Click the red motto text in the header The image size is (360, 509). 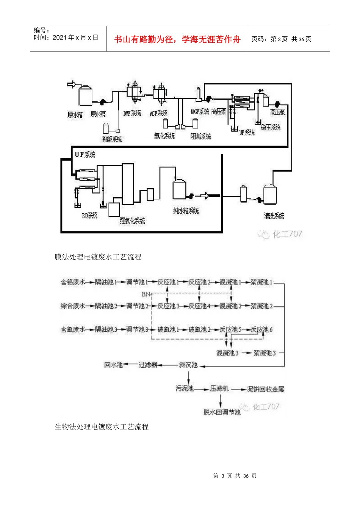coord(177,39)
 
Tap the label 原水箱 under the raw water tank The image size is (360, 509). coord(75,114)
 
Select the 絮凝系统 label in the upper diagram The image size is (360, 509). coord(112,139)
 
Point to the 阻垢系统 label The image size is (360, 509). coord(200,136)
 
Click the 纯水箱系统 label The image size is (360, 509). coord(186,211)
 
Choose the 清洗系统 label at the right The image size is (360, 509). coord(274,216)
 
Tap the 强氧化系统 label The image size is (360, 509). coord(132,221)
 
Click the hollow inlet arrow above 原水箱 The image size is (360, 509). coord(72,84)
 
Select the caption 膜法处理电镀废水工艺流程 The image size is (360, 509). coord(98,257)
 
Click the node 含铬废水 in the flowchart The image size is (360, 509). coord(73,282)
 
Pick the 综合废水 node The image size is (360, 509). coord(73,306)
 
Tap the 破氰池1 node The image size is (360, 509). coord(168,329)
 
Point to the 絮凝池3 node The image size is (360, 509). coord(265,353)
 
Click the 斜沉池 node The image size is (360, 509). coord(188,365)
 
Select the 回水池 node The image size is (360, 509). coord(114,365)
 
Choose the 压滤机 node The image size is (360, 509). coord(219,389)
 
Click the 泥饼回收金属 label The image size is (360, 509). coord(266,389)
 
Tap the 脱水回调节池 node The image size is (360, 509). coord(222,412)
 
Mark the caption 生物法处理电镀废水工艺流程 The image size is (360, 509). coord(102,427)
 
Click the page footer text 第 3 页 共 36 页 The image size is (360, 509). coord(235,476)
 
